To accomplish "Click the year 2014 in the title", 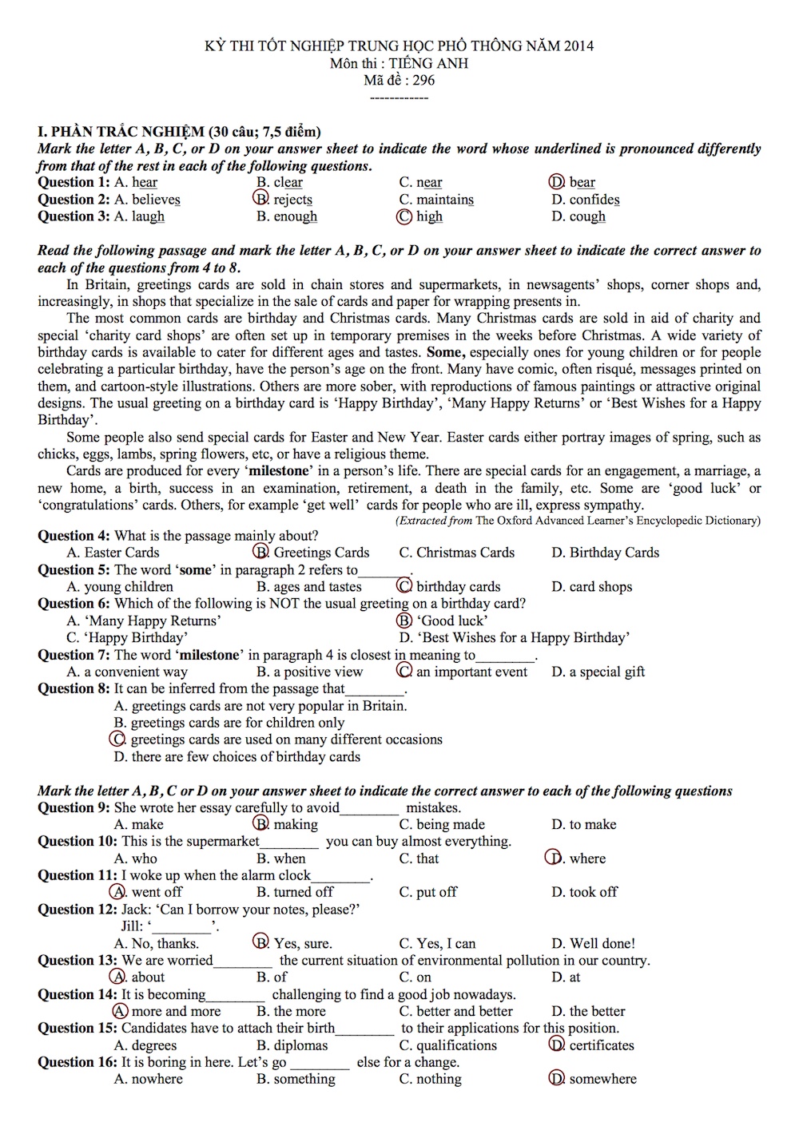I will pos(578,46).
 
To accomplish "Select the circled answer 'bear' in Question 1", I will pos(582,183).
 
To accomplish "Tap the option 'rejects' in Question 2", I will pos(292,200).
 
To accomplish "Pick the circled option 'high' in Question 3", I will pos(429,216).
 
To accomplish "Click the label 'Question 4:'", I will pos(74,536).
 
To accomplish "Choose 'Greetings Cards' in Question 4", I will pos(321,553).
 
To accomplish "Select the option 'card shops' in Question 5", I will pos(600,587).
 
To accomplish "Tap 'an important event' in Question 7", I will pos(471,672).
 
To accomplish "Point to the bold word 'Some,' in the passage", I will pos(447,352).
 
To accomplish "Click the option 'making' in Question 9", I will pos(295,825).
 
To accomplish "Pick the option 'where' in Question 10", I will pos(587,858).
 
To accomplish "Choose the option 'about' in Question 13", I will pos(148,977).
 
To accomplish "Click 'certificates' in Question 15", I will pos(601,1045).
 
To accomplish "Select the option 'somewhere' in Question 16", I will pos(602,1079).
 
